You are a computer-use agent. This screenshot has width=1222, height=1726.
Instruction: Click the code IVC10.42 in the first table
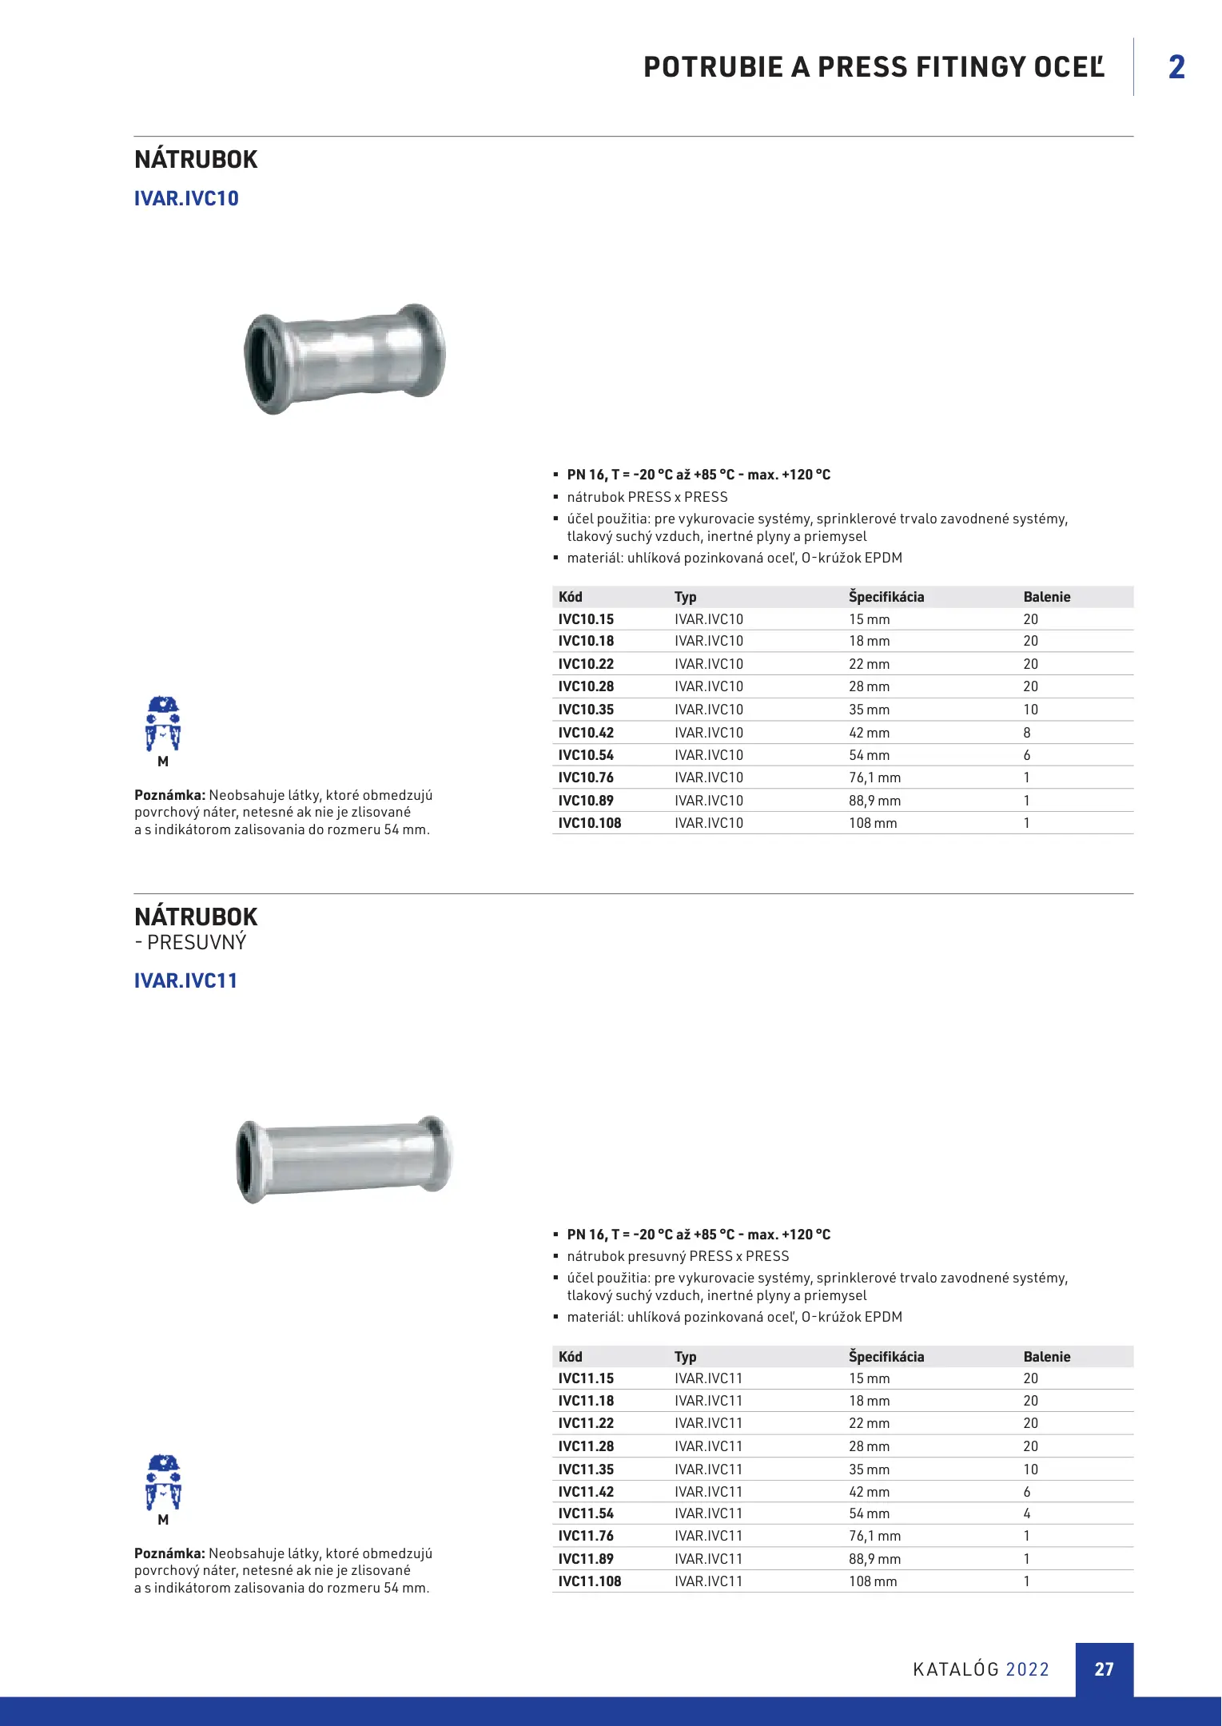[x=586, y=733]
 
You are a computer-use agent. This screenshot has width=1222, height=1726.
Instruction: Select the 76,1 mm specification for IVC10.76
[x=874, y=777]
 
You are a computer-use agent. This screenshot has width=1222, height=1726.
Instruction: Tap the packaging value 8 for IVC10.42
[x=1027, y=733]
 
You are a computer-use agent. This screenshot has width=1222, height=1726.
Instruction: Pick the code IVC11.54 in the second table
[x=586, y=1513]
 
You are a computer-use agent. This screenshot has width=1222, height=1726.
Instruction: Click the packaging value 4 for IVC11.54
[x=1027, y=1513]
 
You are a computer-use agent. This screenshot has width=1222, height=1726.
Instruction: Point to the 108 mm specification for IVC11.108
[x=873, y=1581]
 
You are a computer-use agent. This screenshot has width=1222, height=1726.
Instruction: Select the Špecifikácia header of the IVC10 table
[x=886, y=597]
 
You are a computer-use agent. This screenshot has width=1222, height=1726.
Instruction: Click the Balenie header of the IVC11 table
[x=1047, y=1357]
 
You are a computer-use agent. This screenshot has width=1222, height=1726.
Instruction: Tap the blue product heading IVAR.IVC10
[x=186, y=198]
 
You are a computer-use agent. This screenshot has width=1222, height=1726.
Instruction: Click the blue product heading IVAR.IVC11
[x=185, y=980]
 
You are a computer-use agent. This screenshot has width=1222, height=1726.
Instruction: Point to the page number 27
[x=1104, y=1669]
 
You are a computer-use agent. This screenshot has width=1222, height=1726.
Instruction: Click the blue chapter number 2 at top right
[x=1176, y=67]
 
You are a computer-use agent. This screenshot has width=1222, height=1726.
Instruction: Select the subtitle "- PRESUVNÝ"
[x=190, y=943]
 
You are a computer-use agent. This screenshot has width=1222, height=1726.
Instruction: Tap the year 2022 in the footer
[x=1027, y=1669]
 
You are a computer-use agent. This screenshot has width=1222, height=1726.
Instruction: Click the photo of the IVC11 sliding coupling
[x=344, y=1158]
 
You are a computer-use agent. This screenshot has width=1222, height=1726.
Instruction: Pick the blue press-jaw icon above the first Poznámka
[x=163, y=724]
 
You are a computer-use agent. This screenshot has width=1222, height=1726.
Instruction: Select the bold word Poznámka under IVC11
[x=169, y=1553]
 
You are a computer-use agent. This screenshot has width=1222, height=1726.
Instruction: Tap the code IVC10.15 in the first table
[x=586, y=619]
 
